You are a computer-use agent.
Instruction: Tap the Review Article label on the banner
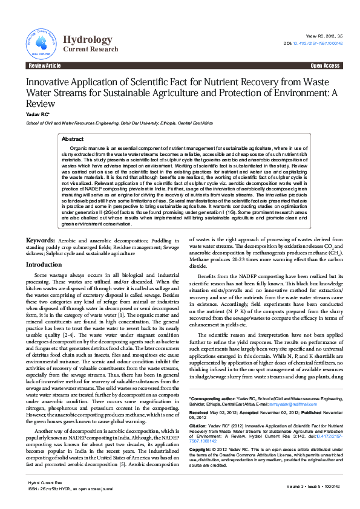(45, 65)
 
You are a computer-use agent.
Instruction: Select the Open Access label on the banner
(325, 65)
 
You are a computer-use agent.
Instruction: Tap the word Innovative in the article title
(50, 82)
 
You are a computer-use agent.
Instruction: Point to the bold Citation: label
(199, 426)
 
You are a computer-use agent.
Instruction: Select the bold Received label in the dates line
(200, 413)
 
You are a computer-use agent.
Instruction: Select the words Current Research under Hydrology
(91, 49)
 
